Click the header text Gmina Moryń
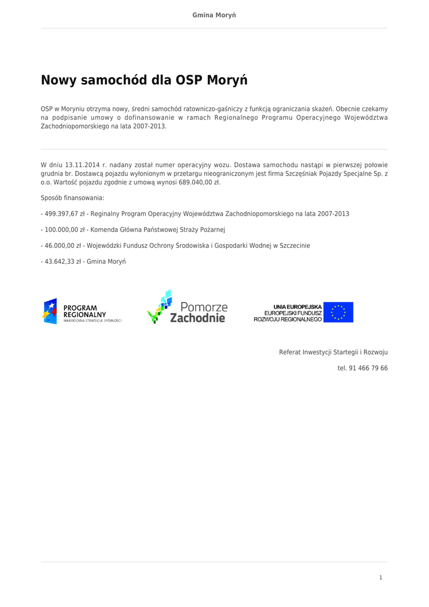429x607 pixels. [214, 14]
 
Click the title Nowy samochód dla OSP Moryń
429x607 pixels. [144, 80]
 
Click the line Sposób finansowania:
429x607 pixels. [72, 198]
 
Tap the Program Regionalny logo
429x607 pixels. [82, 312]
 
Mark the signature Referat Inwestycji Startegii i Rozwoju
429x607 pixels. [333, 352]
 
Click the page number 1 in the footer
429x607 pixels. [381, 577]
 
